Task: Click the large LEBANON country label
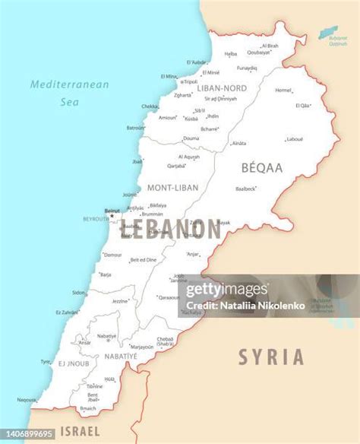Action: tap(169, 228)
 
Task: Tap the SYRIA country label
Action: tap(270, 357)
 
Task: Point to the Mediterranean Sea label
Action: tap(70, 92)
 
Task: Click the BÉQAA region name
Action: tap(261, 166)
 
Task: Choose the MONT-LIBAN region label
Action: tap(172, 187)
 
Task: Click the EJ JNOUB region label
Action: tap(74, 364)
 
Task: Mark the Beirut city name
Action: tap(112, 211)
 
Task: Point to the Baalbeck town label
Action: tap(245, 189)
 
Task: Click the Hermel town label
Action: tap(283, 90)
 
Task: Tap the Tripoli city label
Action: tap(190, 81)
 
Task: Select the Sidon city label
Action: tap(79, 292)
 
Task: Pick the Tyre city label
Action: tap(46, 361)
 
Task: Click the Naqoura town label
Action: tap(27, 399)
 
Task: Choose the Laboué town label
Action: tap(294, 139)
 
